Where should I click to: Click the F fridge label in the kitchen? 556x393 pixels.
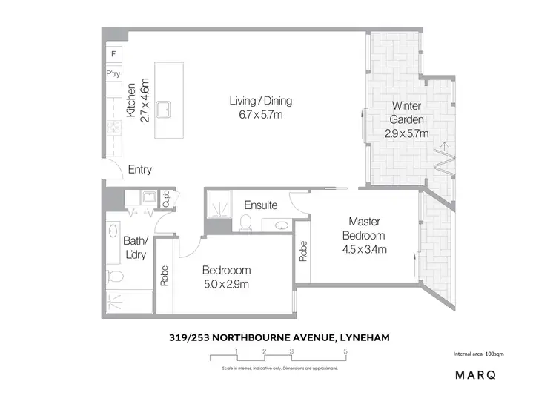coord(113,54)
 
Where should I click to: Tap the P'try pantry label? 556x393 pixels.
coord(113,74)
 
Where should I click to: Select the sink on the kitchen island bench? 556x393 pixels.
coord(167,108)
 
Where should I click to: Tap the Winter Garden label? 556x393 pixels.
coord(406,112)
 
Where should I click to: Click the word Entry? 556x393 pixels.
coord(139,170)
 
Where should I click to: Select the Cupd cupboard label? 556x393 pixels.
coord(167,199)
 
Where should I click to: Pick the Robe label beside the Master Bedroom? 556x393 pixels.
coord(303,252)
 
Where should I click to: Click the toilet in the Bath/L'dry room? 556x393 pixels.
coord(115,277)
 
